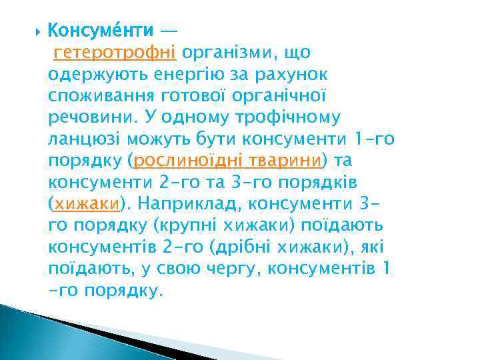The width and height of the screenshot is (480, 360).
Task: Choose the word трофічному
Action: tap(288, 118)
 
